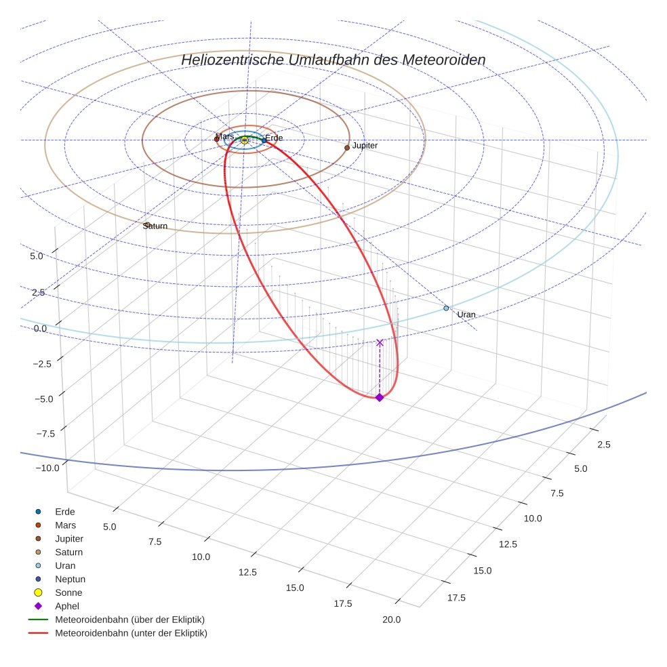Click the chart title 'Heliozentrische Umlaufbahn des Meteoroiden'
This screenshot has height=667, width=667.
click(333, 60)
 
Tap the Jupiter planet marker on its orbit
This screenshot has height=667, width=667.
click(347, 147)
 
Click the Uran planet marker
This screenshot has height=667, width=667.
click(446, 308)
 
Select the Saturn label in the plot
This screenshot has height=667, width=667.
click(155, 226)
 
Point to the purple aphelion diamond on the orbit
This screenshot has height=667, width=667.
click(380, 397)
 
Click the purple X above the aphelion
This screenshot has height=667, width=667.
click(380, 342)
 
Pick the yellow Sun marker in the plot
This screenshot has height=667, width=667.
click(245, 140)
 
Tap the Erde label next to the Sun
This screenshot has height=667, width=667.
click(274, 138)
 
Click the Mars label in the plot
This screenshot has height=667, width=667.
click(225, 136)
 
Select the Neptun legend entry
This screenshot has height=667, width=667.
click(70, 579)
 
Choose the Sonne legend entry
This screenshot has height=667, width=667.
click(68, 592)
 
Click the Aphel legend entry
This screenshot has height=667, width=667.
click(67, 606)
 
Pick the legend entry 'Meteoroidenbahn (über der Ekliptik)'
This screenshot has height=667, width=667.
click(129, 620)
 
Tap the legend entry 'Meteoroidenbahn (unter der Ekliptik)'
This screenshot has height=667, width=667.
click(131, 633)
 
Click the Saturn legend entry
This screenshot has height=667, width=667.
click(68, 552)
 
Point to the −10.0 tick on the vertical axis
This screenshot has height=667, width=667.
click(47, 468)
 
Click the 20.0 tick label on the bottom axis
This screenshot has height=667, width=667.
click(391, 619)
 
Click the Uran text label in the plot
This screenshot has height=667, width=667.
click(466, 315)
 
